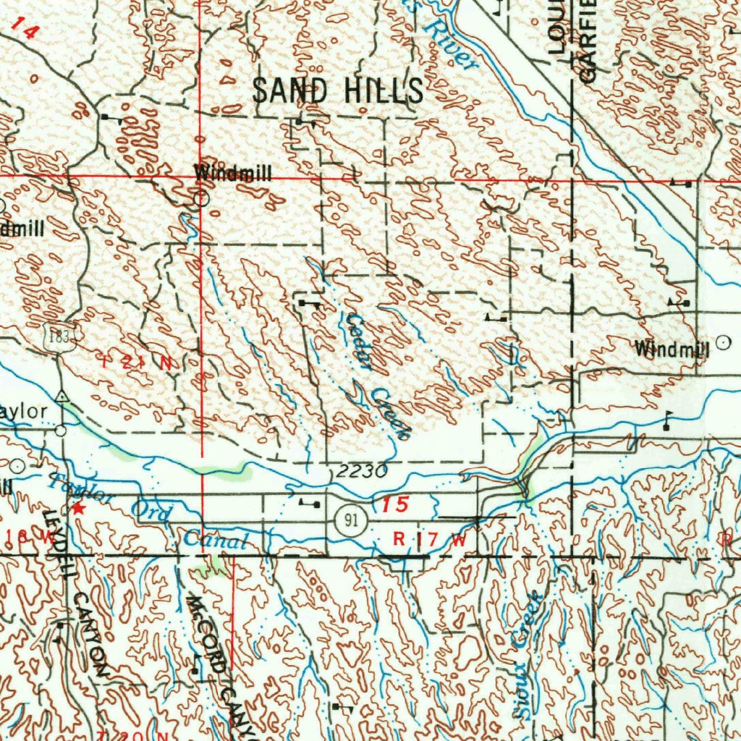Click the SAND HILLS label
click(338, 90)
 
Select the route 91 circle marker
click(350, 522)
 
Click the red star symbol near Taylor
click(78, 509)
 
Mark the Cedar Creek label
click(376, 376)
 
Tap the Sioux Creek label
click(528, 655)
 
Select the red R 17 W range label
click(429, 539)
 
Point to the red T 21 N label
click(137, 363)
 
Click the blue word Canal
click(216, 539)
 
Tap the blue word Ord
click(152, 512)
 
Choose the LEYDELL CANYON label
click(76, 593)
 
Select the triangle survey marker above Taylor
click(63, 396)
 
